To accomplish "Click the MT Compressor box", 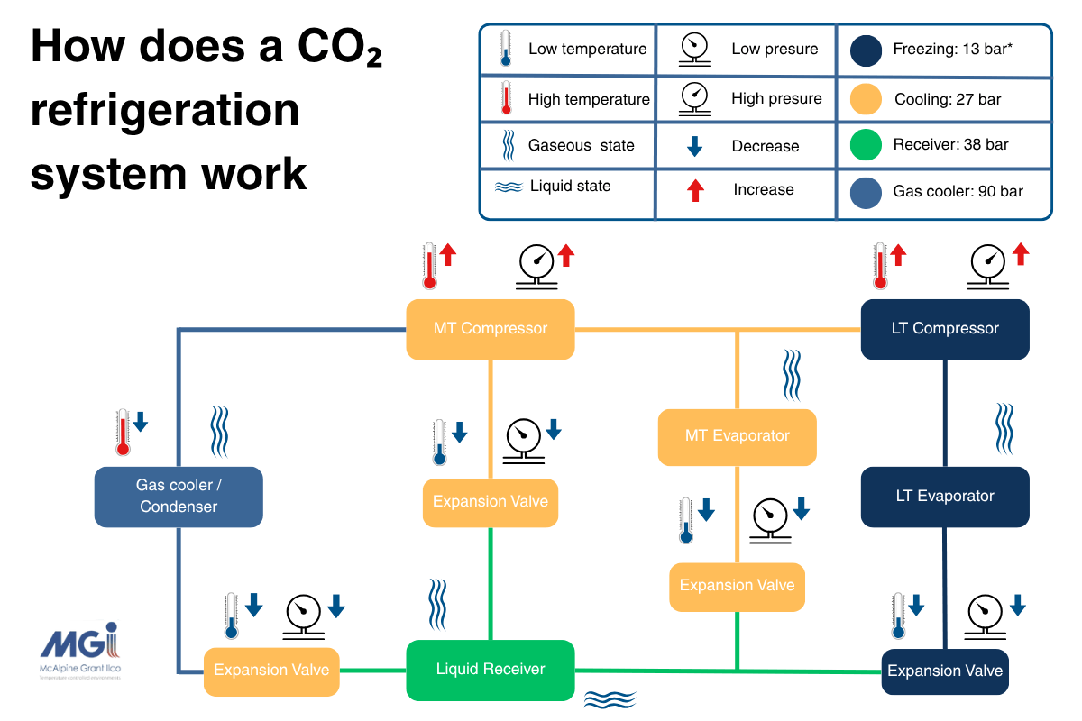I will coord(490,329).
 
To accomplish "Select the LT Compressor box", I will coord(944,329).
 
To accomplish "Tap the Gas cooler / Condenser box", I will coord(179,497).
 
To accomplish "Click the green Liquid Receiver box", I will coord(490,670).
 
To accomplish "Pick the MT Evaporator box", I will coord(737,436).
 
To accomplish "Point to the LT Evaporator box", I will coord(944,497).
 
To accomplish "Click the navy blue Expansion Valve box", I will coord(944,671).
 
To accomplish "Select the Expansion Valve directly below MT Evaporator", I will coord(737,586).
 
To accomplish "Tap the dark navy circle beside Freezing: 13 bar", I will coord(866,50).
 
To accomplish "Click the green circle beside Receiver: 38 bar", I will coord(866,145).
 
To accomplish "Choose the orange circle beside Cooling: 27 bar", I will coord(866,99).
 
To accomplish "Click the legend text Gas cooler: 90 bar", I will coord(958,191).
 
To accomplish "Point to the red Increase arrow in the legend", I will coord(695,190).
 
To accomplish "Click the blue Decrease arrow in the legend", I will coord(695,146).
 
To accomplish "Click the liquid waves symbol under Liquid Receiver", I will coord(610,699).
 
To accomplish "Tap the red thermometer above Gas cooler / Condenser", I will coord(124,432).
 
